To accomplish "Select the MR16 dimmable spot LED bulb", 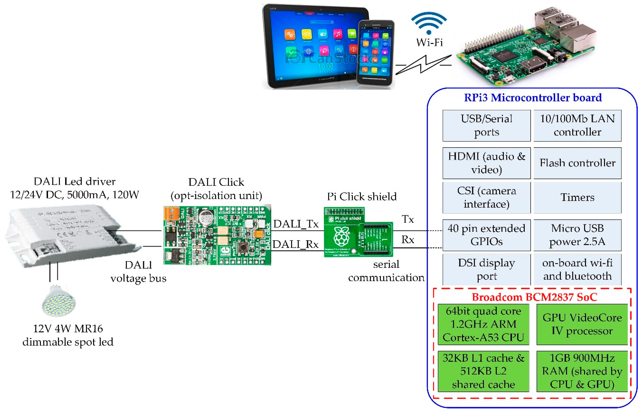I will coord(59,301).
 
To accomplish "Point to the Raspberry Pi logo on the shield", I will coord(341,236).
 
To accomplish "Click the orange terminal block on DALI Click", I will coord(171,214).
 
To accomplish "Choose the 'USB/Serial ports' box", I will coord(486,126).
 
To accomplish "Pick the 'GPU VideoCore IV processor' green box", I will coord(582,324).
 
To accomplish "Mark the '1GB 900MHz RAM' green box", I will coord(582,371).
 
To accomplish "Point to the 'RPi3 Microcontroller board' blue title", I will coord(533,98).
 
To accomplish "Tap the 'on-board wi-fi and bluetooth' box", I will coord(577,270).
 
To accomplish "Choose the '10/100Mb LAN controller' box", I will coord(577,126).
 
